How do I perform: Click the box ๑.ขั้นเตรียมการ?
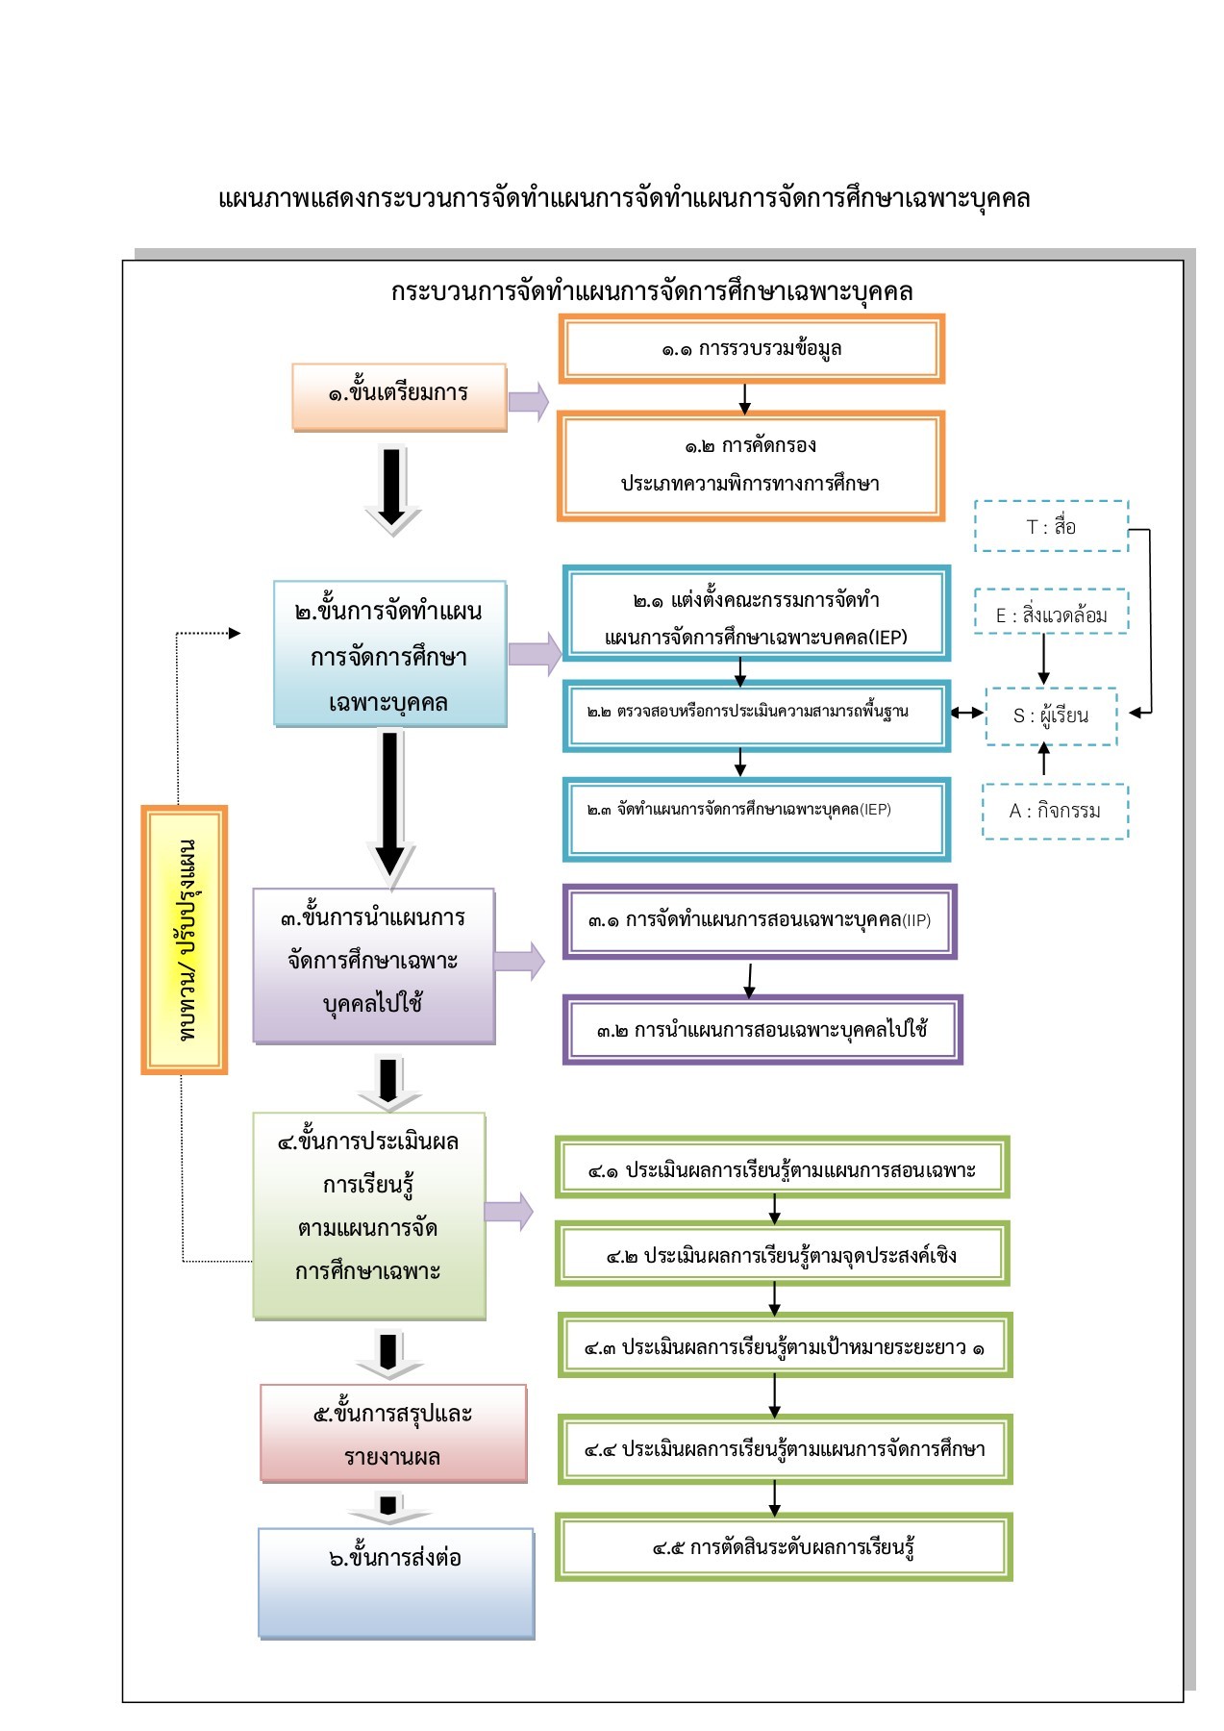[399, 395]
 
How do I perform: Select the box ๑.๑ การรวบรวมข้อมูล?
[751, 348]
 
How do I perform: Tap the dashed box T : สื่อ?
[1050, 526]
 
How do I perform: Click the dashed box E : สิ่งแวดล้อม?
[1050, 615]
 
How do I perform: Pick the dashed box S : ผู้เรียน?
[1050, 715]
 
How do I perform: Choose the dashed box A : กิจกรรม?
[1054, 811]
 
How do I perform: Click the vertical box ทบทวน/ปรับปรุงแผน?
[185, 939]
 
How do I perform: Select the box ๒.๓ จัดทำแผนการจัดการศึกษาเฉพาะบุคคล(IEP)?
[756, 818]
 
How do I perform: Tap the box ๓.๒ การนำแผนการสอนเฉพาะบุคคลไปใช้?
[762, 1030]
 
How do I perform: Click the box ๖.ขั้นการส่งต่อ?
[395, 1582]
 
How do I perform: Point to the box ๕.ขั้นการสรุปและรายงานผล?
[393, 1433]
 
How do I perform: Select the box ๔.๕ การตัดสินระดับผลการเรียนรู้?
[783, 1547]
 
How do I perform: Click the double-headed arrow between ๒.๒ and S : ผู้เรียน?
[967, 713]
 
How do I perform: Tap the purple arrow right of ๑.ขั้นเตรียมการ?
[528, 401]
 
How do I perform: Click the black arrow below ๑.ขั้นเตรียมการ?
[392, 489]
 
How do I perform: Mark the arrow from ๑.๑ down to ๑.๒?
[744, 398]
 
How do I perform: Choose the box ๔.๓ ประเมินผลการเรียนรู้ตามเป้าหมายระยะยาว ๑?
[785, 1346]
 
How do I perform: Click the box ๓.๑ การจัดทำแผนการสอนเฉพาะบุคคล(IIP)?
[759, 920]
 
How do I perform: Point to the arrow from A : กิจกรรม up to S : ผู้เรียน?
[1044, 761]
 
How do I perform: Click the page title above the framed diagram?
[624, 199]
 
